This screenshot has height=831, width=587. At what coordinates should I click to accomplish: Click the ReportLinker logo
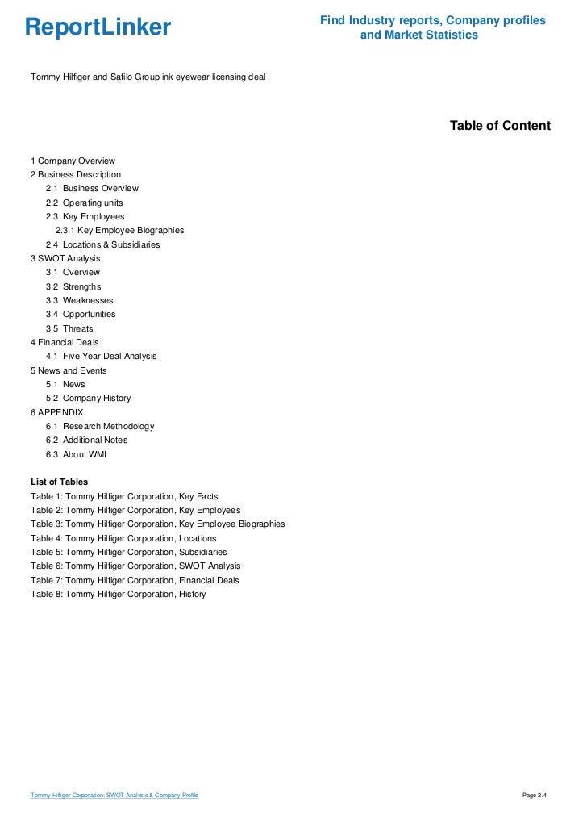click(98, 27)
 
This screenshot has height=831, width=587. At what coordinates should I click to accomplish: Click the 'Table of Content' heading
click(500, 126)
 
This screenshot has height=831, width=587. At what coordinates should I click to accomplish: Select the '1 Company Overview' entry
click(73, 161)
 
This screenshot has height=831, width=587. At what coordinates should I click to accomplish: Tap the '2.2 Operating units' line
click(84, 203)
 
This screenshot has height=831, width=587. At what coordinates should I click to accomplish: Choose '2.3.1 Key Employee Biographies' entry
click(119, 230)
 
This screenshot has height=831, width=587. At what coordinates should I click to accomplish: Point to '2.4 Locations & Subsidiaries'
click(102, 244)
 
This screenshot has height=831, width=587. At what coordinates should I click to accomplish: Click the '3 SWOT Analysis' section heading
click(65, 258)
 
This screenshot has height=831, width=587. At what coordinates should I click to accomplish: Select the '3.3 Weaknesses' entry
click(79, 300)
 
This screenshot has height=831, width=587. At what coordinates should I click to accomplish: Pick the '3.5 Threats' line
click(69, 328)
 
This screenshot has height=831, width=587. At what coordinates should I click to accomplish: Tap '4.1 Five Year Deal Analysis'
click(101, 356)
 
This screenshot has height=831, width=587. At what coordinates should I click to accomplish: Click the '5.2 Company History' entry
click(88, 398)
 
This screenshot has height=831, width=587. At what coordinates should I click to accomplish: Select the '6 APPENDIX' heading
click(56, 412)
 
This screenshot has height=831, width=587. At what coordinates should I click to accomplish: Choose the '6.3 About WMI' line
click(76, 454)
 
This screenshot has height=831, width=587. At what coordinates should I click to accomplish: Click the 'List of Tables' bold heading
click(59, 482)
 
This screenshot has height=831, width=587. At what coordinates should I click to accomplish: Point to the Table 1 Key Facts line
click(124, 496)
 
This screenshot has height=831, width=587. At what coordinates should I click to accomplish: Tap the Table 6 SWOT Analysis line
click(135, 566)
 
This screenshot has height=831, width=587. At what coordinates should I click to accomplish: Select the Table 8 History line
click(118, 594)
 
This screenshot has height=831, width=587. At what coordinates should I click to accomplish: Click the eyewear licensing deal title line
click(148, 77)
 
